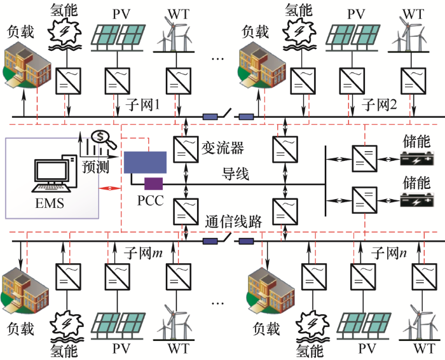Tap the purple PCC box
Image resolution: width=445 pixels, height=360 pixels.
click(x=153, y=184)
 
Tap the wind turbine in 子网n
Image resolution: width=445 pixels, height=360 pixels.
click(x=420, y=321)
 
